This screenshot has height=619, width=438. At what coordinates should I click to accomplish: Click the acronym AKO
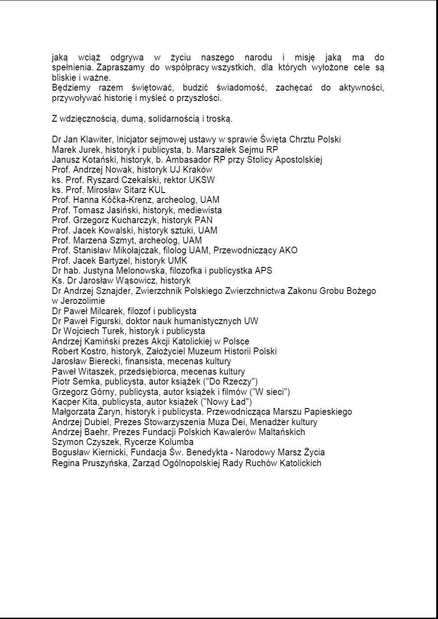(x=288, y=250)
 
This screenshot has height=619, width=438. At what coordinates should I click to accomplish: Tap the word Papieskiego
(x=328, y=412)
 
